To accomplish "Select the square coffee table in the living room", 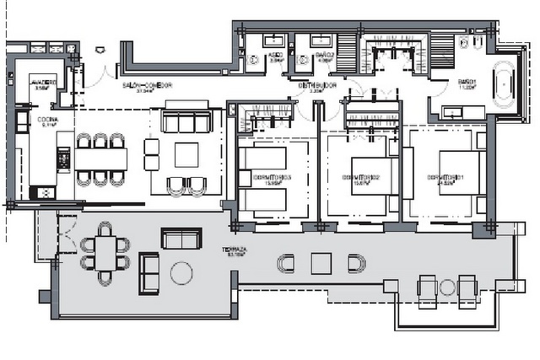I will click(187, 155).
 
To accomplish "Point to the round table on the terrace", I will click(181, 272).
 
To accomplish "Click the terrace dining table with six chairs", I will click(105, 252).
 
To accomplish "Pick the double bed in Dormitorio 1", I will click(459, 178).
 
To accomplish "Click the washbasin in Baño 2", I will click(321, 40).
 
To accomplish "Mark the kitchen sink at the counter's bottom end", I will click(40, 192).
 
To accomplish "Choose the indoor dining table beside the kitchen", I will click(101, 159).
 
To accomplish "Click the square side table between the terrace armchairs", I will click(321, 263).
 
